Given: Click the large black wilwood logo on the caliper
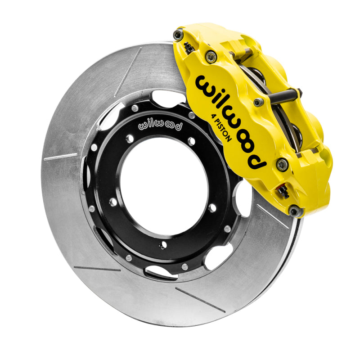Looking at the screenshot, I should (x=229, y=121).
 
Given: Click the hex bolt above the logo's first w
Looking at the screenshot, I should (x=210, y=56).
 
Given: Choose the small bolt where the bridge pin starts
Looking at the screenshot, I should (x=258, y=103).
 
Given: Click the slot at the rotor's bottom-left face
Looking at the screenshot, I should (x=97, y=269).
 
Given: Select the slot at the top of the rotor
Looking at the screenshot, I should (x=127, y=72).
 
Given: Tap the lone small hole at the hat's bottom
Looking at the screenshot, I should (x=163, y=245).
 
